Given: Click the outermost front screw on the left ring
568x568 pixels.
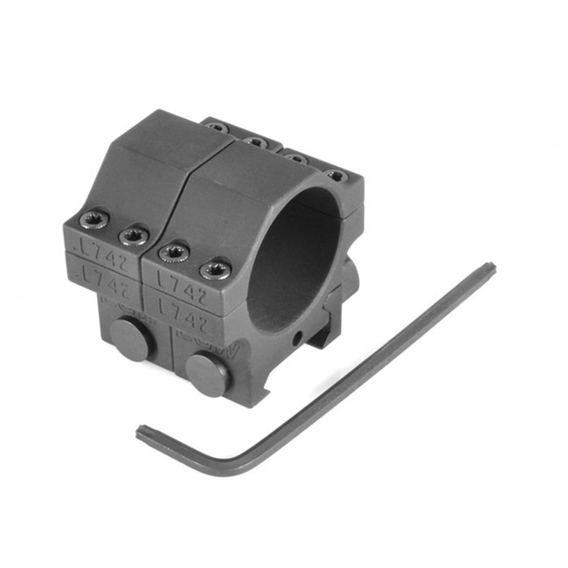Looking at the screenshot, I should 94,218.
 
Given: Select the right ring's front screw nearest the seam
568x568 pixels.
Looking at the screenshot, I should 176,253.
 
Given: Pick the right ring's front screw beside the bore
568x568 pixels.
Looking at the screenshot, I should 216,269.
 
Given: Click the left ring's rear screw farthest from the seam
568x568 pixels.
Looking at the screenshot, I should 217,128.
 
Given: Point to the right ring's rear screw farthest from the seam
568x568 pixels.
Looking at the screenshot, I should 336,176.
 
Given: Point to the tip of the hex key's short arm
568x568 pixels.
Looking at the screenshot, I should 140,431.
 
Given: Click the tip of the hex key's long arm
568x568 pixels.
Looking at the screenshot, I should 488,268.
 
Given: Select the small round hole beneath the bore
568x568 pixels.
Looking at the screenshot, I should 296,337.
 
